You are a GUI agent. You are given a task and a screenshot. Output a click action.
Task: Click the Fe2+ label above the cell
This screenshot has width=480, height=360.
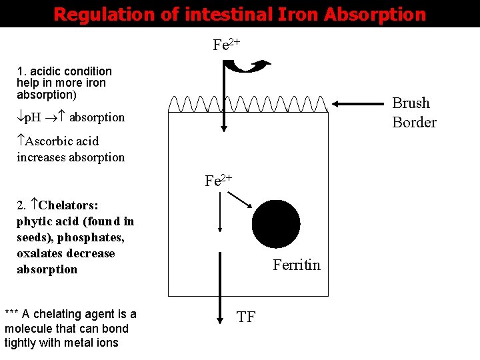pos(227,45)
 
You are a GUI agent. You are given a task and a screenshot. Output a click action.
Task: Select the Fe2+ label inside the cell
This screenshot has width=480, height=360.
pos(218,181)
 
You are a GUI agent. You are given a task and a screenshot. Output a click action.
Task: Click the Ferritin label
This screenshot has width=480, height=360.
pos(296,265)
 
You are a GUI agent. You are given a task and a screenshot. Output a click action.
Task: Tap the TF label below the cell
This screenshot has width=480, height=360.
pos(246,317)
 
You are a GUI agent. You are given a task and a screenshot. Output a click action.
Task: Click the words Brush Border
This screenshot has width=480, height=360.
pos(414,113)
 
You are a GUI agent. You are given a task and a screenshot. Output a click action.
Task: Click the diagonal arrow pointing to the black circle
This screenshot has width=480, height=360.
pos(239,199)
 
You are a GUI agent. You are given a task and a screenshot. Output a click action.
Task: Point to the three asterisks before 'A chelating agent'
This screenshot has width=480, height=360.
pos(11,315)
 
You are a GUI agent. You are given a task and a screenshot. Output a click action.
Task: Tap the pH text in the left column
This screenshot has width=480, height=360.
pos(31,118)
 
